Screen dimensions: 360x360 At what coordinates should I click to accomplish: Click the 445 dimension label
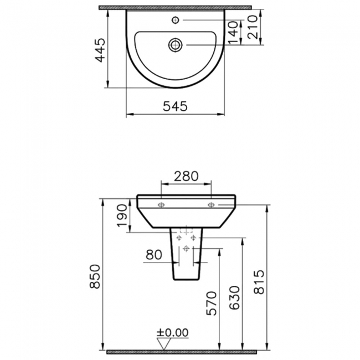[100, 50]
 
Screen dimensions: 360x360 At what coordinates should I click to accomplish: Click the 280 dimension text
[186, 176]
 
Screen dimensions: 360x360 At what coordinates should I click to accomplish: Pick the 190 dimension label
[122, 217]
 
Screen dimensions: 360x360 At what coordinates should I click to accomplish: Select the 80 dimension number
[155, 255]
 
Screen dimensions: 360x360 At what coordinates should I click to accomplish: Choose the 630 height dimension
[235, 299]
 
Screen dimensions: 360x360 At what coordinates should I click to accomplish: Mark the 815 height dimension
[260, 283]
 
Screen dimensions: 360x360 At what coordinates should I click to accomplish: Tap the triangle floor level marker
[163, 343]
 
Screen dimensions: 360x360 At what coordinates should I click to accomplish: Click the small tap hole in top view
[176, 20]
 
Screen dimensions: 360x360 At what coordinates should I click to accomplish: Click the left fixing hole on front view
[161, 205]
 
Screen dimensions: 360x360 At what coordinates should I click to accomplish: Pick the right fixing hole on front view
[211, 205]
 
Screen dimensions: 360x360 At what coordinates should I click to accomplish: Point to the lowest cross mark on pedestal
[186, 248]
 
